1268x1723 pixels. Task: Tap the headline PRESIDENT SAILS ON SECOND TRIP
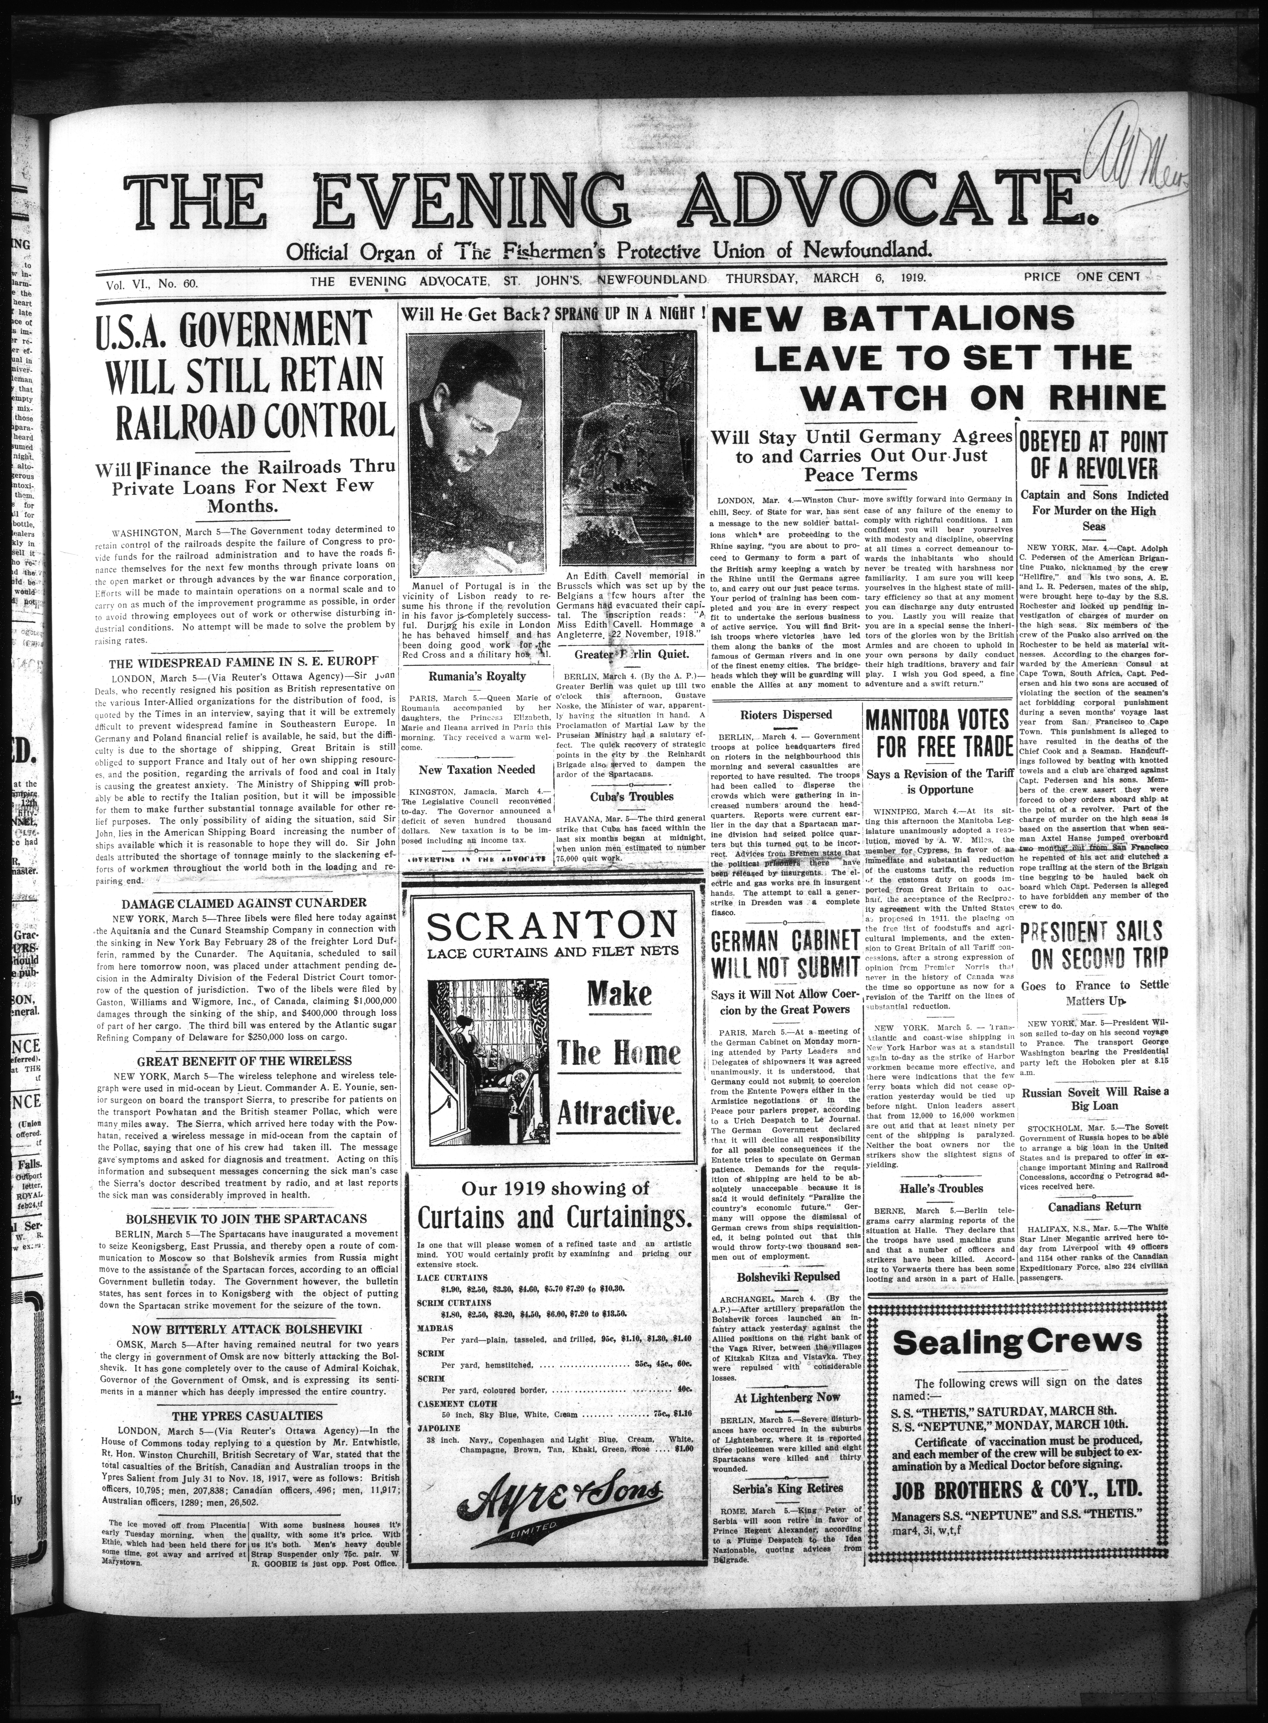(1093, 945)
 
